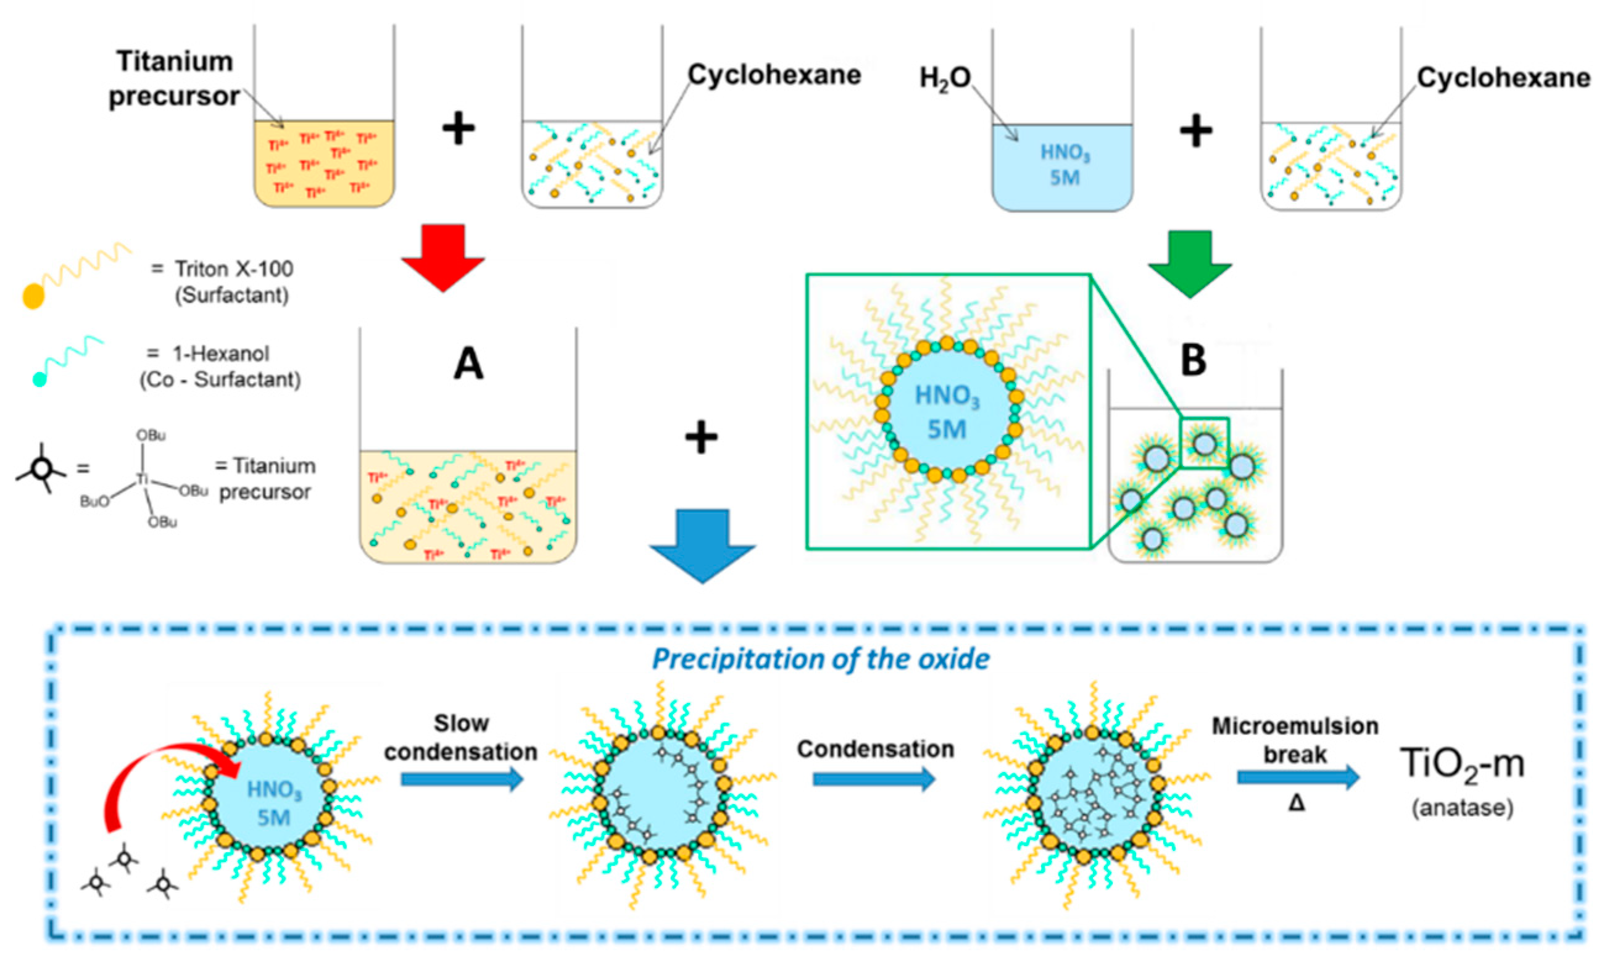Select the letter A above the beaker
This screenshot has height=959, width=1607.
click(468, 365)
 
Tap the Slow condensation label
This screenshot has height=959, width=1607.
click(462, 737)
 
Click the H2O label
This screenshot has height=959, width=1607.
click(945, 79)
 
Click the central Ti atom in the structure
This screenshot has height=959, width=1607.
click(143, 479)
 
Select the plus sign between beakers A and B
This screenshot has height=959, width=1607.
click(701, 439)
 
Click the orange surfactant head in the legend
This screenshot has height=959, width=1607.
click(33, 296)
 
